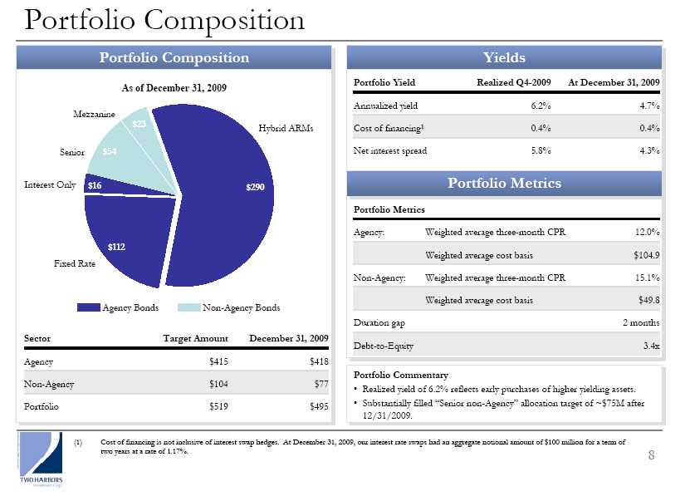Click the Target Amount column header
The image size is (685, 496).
point(196,338)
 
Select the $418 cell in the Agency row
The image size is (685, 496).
point(318,361)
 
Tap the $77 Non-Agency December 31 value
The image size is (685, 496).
point(321,384)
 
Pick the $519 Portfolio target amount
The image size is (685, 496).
point(219,407)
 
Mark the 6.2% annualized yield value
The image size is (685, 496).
point(541,106)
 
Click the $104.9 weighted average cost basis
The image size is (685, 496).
point(645,254)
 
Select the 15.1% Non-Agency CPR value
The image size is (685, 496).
point(647,277)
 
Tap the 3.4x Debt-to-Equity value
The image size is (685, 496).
point(651,346)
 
